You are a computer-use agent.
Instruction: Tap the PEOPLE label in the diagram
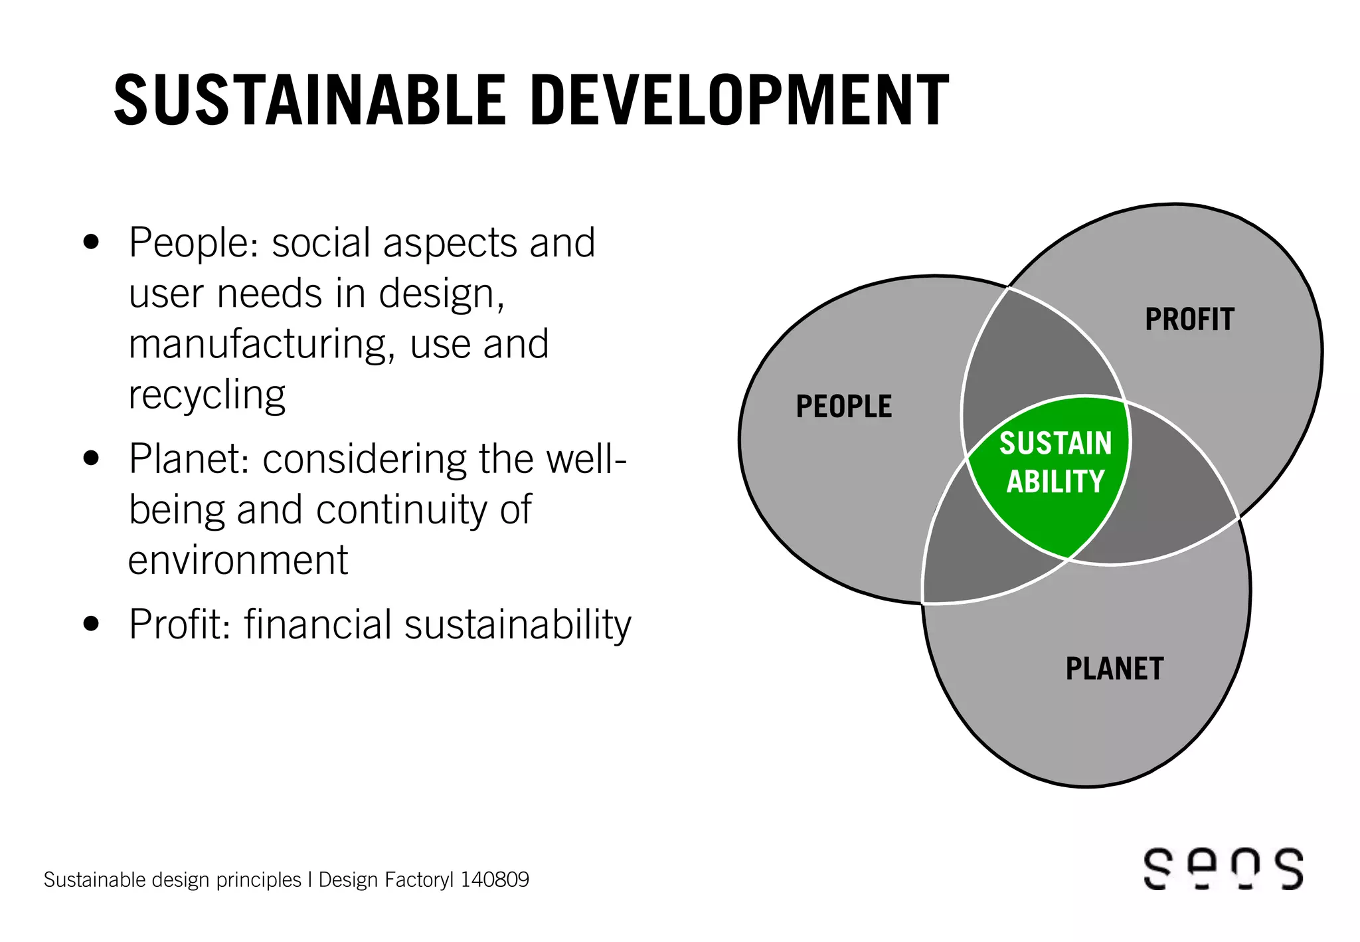pyautogui.click(x=843, y=407)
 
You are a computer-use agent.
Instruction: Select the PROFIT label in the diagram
pyautogui.click(x=1189, y=320)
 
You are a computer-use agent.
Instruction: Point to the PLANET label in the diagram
pyautogui.click(x=1114, y=668)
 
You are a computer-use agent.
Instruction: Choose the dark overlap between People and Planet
pyautogui.click(x=970, y=551)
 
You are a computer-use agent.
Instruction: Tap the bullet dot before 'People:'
pyautogui.click(x=92, y=242)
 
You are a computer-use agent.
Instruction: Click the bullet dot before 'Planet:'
pyautogui.click(x=92, y=458)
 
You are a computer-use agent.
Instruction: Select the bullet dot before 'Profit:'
pyautogui.click(x=92, y=624)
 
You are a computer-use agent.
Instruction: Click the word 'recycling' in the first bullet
pyautogui.click(x=207, y=395)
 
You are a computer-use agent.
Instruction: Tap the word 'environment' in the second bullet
pyautogui.click(x=238, y=560)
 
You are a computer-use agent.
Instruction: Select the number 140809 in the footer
pyautogui.click(x=495, y=880)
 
